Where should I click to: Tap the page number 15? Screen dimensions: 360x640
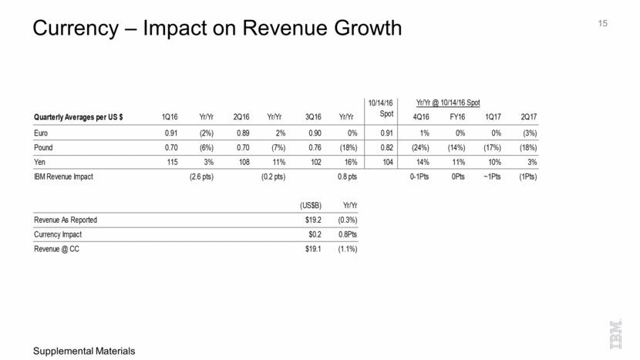[603, 23]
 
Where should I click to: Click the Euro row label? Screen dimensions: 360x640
[42, 132]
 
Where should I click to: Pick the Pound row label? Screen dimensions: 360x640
[44, 147]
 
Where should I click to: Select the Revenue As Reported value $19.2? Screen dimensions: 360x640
[312, 220]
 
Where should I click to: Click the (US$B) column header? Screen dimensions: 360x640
[311, 206]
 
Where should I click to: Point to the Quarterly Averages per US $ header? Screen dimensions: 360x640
[79, 117]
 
